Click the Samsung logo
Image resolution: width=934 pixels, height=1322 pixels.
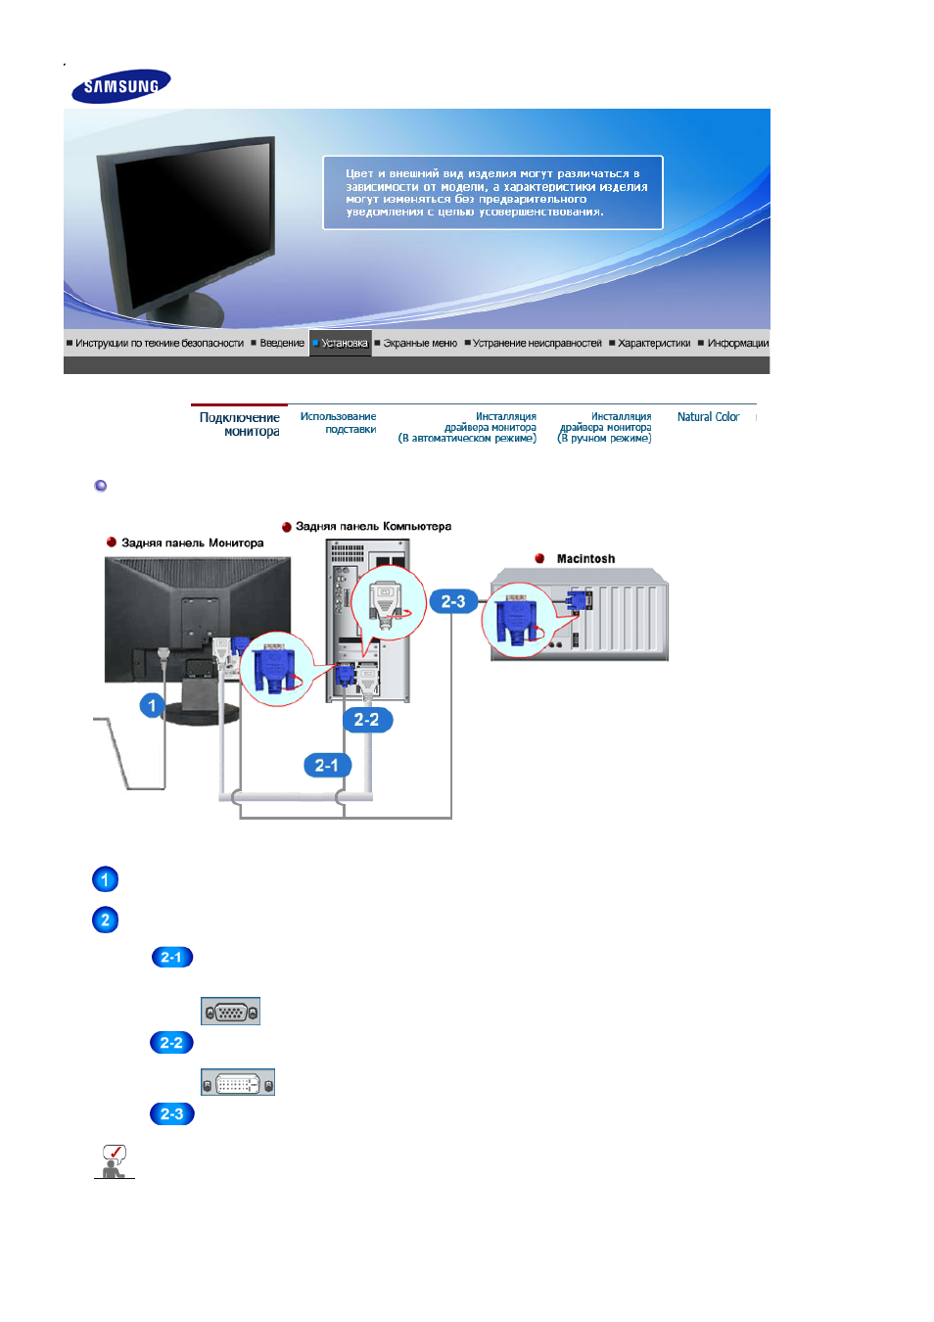click(x=121, y=86)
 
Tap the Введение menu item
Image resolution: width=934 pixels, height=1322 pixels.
click(x=282, y=343)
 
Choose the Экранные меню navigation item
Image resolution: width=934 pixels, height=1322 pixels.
click(x=419, y=343)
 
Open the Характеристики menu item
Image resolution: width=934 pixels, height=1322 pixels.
click(x=654, y=343)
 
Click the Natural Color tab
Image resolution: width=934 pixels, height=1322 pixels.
click(x=708, y=416)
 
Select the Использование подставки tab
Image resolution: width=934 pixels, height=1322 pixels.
click(x=338, y=423)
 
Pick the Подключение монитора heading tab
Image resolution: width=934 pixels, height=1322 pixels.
click(x=240, y=424)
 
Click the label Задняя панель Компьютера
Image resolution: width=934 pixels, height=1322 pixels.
click(x=373, y=526)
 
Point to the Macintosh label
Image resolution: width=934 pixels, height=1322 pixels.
click(x=585, y=558)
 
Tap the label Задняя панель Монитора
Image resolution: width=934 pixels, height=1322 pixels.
click(x=192, y=543)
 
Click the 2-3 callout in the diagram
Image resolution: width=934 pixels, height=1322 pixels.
click(x=452, y=601)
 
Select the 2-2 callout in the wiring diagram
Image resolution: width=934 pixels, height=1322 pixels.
click(x=367, y=720)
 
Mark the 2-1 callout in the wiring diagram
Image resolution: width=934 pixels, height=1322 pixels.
click(x=327, y=766)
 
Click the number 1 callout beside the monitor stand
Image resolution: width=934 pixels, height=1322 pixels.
click(x=152, y=705)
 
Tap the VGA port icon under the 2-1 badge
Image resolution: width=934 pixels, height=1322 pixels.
click(x=230, y=1011)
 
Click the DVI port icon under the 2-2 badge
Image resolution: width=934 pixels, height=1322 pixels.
click(x=238, y=1082)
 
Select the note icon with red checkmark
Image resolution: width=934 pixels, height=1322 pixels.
click(x=114, y=1161)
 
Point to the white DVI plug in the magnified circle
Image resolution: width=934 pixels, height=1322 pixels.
click(x=386, y=603)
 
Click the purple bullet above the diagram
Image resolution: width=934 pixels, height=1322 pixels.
click(x=100, y=486)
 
